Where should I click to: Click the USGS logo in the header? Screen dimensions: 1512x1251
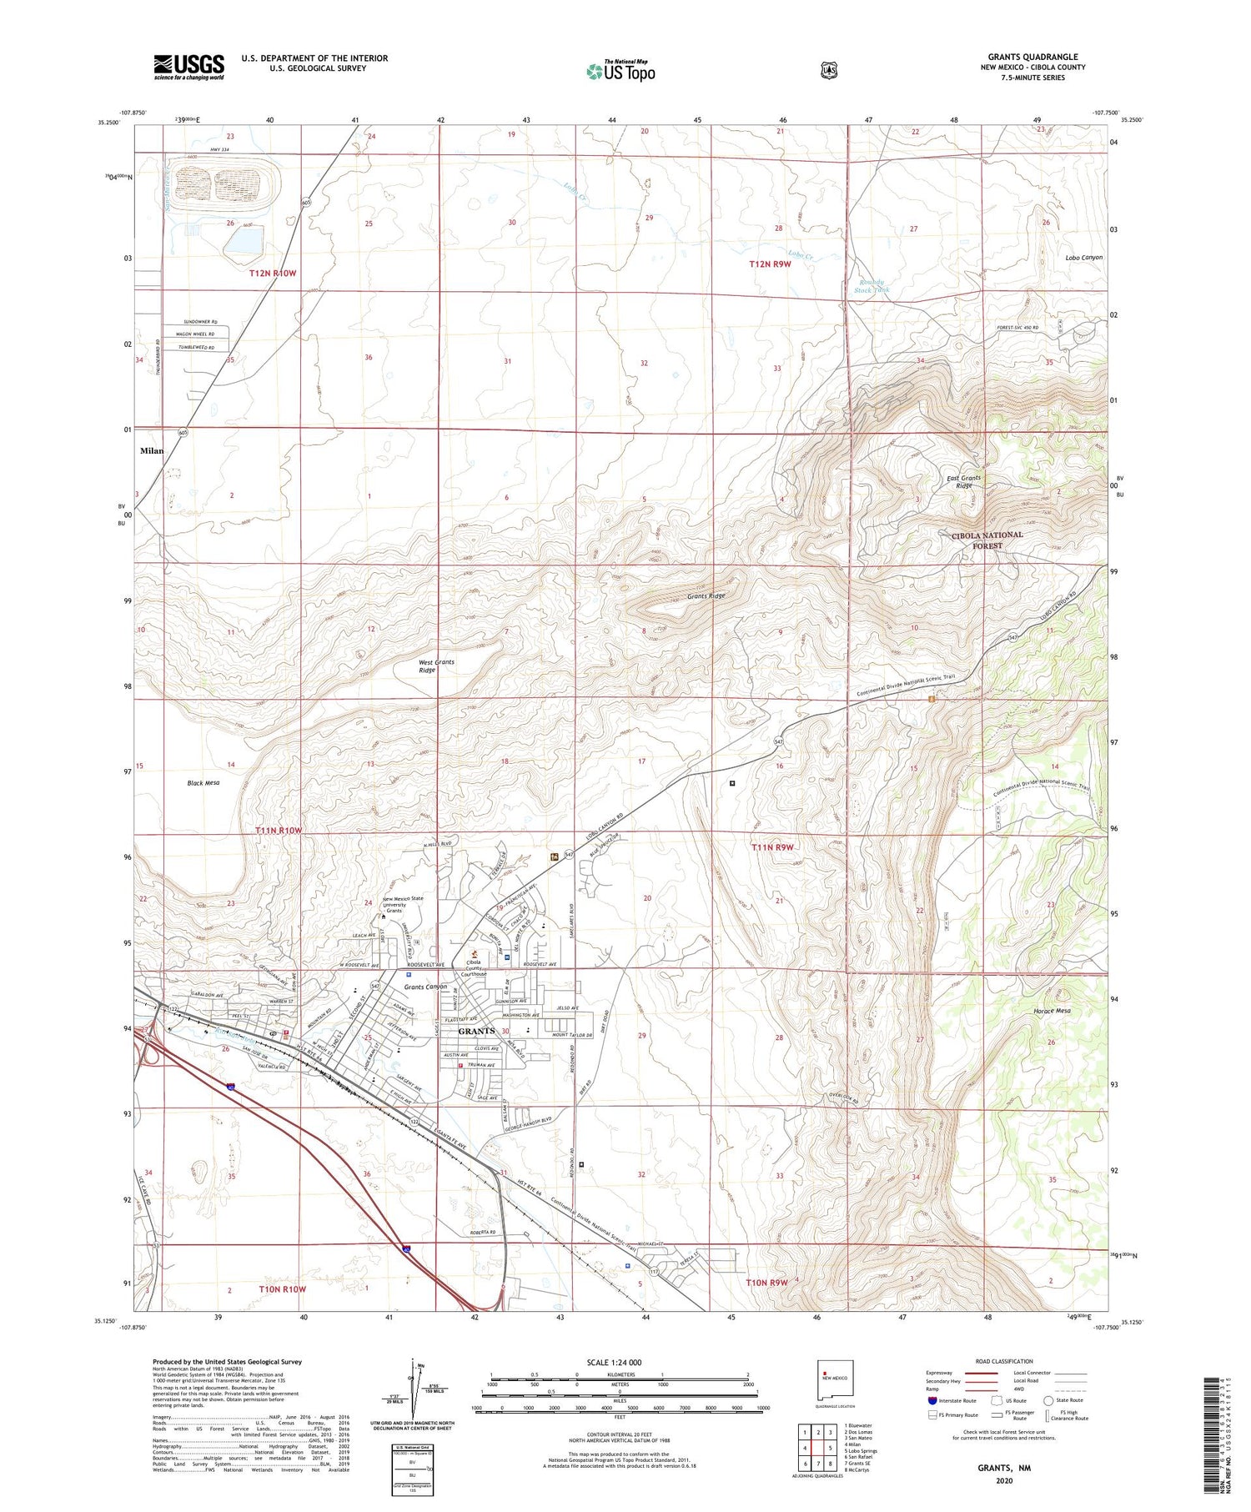pos(188,67)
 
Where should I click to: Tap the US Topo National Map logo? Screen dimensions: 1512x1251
pos(620,71)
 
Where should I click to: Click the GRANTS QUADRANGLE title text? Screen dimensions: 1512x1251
pos(1032,57)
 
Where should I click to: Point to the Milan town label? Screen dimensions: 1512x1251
pos(152,450)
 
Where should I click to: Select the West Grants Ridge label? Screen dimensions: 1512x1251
pos(436,666)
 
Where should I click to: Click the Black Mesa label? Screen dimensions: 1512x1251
pos(203,783)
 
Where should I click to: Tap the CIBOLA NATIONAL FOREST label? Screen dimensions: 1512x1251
pos(987,540)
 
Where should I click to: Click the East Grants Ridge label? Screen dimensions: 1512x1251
pos(964,481)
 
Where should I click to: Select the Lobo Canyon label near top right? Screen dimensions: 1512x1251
pos(1083,258)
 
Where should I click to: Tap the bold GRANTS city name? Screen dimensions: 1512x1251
pos(477,1031)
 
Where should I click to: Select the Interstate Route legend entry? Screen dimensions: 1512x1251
pos(957,1400)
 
